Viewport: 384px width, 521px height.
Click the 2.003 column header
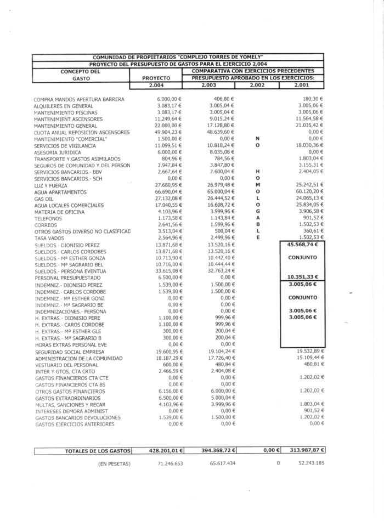click(x=209, y=86)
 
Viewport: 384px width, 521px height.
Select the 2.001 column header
click(x=302, y=86)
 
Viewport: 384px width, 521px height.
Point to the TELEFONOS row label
click(x=48, y=219)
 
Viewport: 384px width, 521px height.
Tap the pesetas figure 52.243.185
click(x=309, y=463)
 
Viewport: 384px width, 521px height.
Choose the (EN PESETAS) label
click(x=114, y=463)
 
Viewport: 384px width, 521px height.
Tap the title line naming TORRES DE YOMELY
click(x=178, y=56)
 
